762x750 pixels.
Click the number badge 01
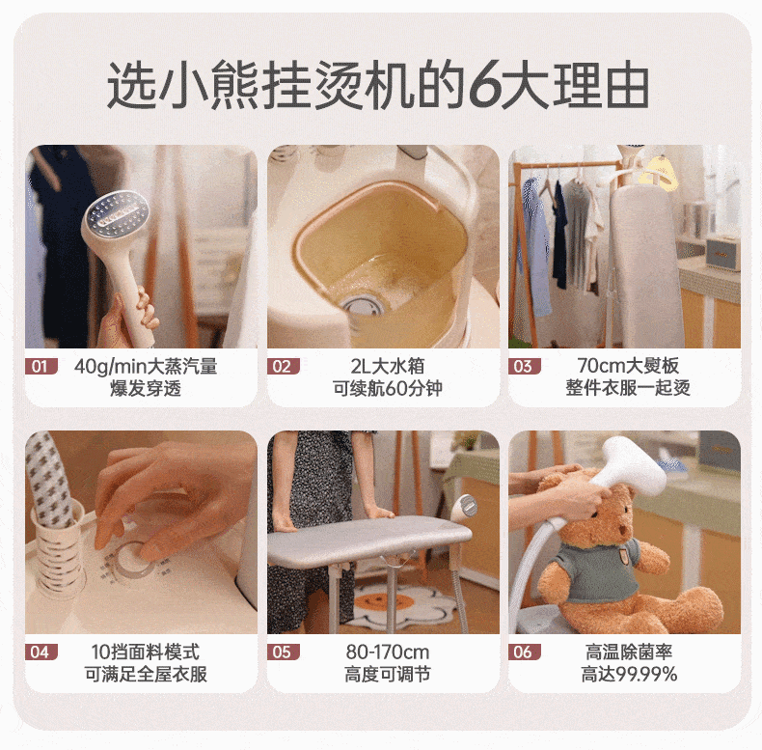pos(41,366)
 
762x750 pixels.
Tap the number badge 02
pos(283,366)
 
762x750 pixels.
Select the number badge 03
pos(525,366)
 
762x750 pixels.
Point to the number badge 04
pos(41,652)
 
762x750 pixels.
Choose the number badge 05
pos(283,652)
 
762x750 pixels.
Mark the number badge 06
pos(525,652)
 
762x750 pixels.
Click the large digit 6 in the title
pos(483,86)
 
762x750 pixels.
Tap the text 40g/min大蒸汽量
pos(146,366)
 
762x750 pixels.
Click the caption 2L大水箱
pos(388,366)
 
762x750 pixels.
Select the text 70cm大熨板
pos(628,366)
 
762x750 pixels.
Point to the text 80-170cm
pos(388,652)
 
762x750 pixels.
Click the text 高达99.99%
pos(629,674)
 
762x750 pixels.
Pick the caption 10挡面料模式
pos(146,652)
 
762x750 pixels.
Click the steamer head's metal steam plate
pos(118,213)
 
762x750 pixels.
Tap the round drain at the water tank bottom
pos(362,305)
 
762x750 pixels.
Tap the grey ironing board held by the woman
pos(369,538)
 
